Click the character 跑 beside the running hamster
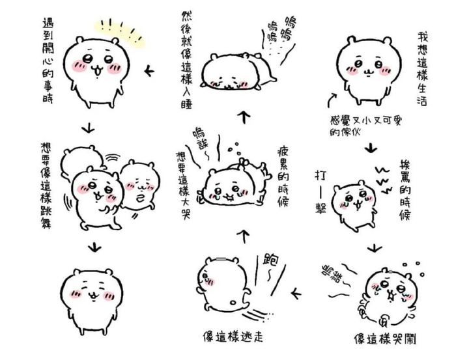(x=268, y=261)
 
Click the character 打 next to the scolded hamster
(x=321, y=175)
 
